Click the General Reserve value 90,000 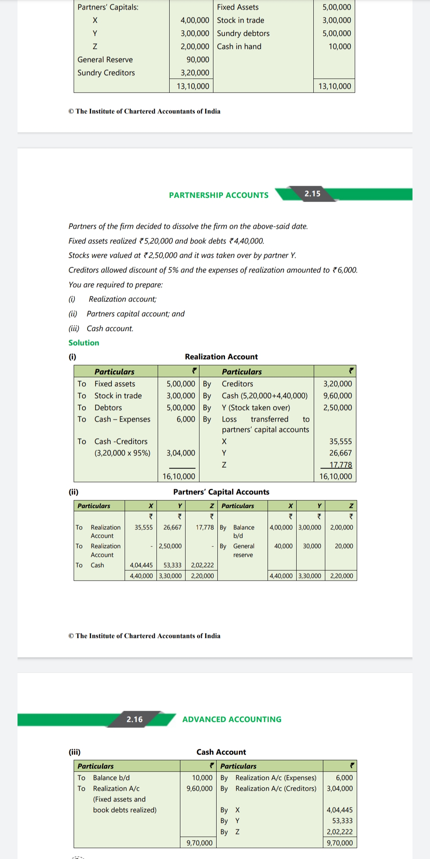coord(197,60)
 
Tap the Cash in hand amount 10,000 coord(340,47)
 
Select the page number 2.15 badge coord(313,194)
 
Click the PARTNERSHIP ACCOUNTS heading coord(219,195)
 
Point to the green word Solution coord(84,343)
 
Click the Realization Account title coord(221,357)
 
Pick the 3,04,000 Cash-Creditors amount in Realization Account coord(181,453)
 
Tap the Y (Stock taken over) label coord(256,408)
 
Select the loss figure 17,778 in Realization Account coord(340,465)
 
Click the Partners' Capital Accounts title coord(221,492)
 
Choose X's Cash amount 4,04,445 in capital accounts coord(141,565)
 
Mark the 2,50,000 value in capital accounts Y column coord(170,546)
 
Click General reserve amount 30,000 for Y coord(312,546)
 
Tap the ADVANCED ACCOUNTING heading coord(232,719)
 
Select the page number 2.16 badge coord(135,719)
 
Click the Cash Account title coord(221,752)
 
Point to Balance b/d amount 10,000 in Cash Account coord(202,778)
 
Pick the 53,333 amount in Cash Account coord(342,821)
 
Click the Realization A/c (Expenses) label coord(276,778)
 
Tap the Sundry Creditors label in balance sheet coord(106,73)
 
